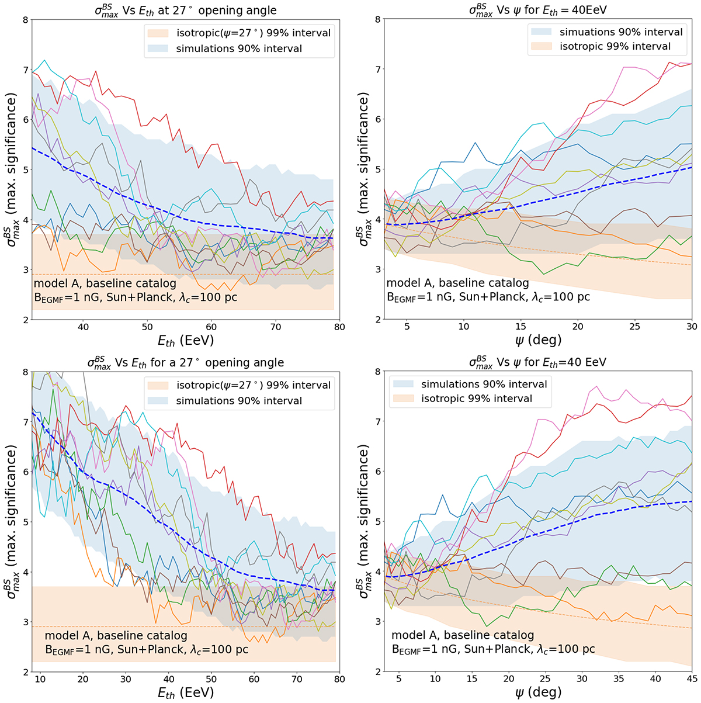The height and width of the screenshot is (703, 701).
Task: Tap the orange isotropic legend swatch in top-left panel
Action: coord(156,33)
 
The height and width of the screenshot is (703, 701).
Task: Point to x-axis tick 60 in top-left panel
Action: coord(211,327)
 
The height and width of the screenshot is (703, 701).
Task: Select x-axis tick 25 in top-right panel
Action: coord(635,327)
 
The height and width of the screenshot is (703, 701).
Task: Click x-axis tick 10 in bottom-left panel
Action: coord(40,680)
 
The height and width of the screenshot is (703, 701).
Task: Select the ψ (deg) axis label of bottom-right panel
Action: coord(537,693)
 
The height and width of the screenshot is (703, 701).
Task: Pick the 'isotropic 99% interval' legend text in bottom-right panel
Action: coord(477,399)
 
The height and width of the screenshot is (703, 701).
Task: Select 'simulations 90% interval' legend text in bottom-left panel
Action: coord(239,401)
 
